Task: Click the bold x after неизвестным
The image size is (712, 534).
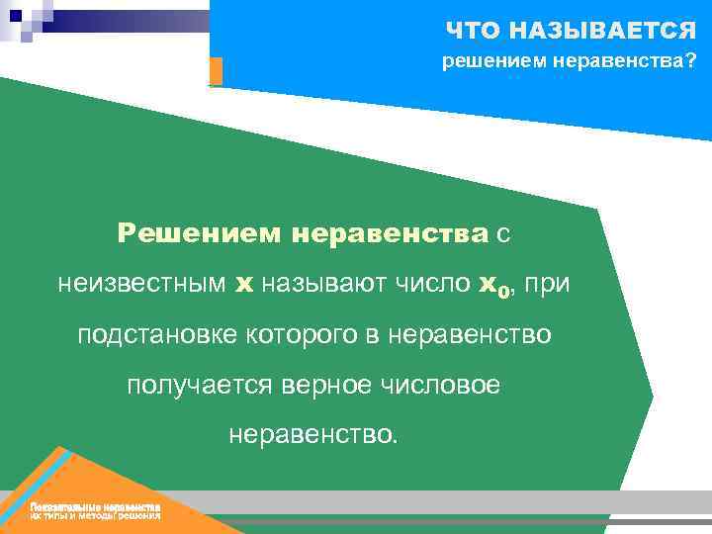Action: tap(243, 286)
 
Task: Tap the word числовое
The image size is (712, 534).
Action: tap(444, 385)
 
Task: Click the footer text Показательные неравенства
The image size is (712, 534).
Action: tap(95, 507)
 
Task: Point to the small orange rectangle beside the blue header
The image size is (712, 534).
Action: tap(216, 71)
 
